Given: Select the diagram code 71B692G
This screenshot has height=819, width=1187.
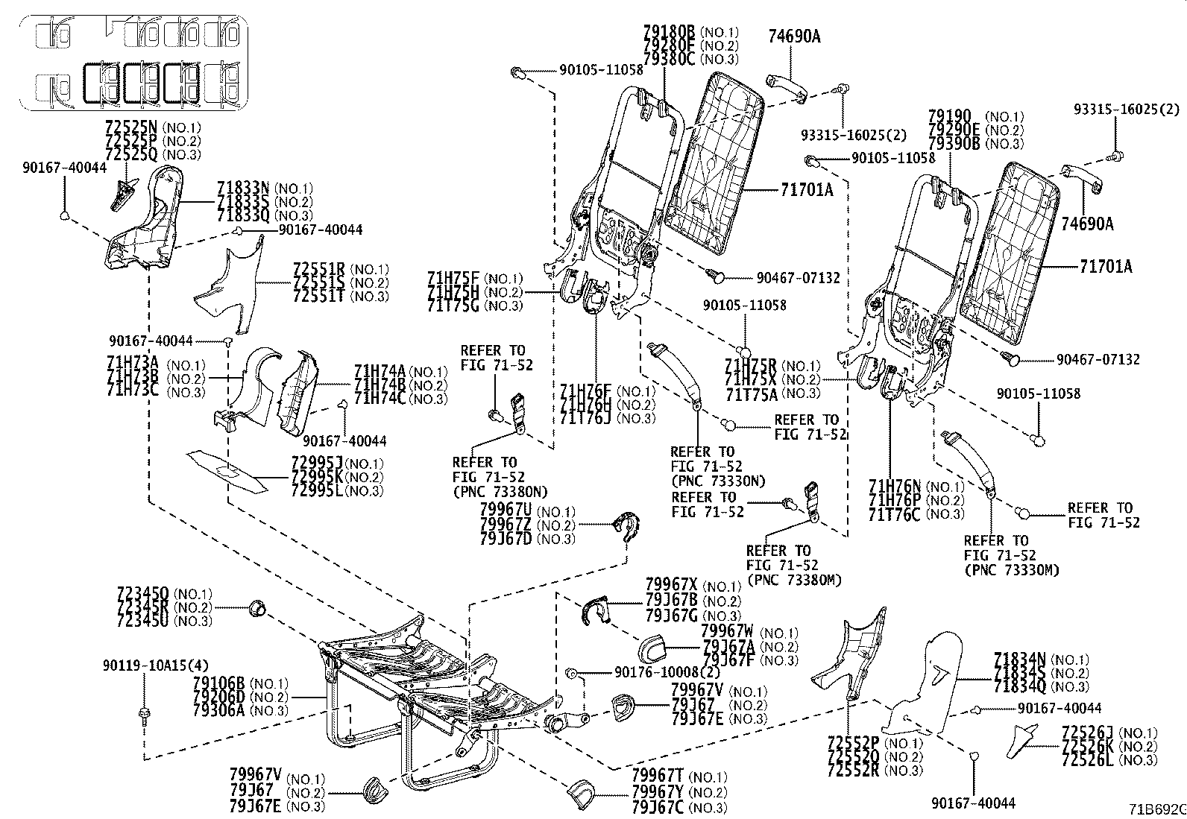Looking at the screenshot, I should click(1156, 809).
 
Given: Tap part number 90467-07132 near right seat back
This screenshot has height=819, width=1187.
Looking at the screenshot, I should click(1098, 359).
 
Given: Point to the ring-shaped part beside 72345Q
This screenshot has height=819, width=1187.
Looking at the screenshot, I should click(257, 607).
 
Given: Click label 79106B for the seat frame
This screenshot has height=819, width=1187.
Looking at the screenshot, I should click(218, 683).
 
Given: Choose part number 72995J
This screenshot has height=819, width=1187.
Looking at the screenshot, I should click(317, 463).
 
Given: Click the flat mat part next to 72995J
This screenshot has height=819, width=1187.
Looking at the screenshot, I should click(227, 471).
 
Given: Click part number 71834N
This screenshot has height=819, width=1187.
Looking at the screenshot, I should click(1019, 659).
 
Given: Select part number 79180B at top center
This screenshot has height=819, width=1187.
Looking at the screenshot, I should click(668, 32).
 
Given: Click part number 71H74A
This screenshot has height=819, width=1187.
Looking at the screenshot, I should click(380, 371).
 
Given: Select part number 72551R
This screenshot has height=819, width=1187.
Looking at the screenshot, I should click(319, 268).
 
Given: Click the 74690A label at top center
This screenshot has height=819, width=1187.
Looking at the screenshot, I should click(794, 35).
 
